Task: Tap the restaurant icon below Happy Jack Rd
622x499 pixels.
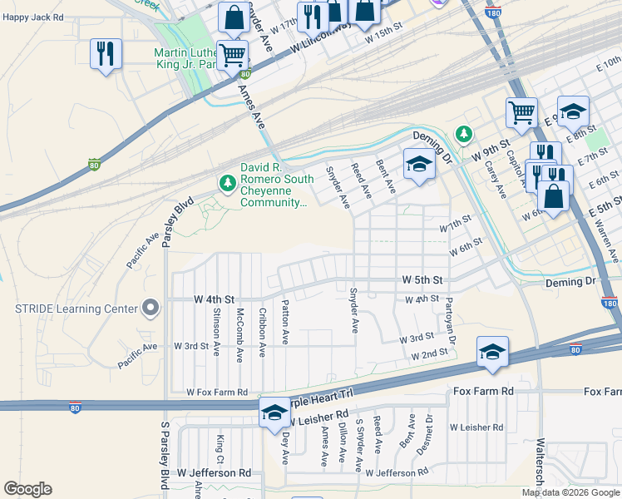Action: [x=106, y=55]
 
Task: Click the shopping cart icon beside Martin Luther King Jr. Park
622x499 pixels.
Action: [x=233, y=56]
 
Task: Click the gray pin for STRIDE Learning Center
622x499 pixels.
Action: [x=151, y=309]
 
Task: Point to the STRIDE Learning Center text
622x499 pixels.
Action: [x=76, y=309]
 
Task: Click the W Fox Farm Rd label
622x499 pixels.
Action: [x=217, y=392]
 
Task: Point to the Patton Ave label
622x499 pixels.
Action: [x=285, y=323]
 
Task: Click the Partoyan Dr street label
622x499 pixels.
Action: [x=450, y=321]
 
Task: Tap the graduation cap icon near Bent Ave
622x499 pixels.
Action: [x=419, y=164]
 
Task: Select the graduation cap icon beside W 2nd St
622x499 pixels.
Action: [x=492, y=353]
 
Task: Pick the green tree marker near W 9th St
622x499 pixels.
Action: [x=463, y=134]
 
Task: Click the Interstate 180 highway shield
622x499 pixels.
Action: [x=610, y=304]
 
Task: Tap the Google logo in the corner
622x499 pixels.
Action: [x=27, y=489]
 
